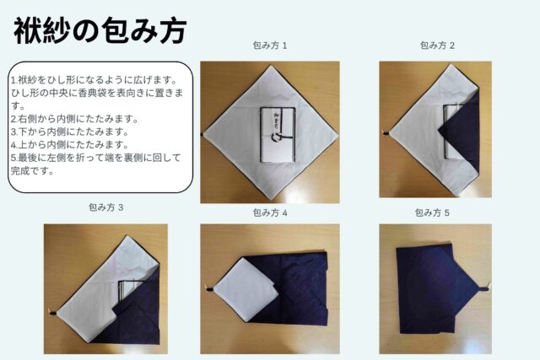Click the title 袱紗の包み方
click(100, 31)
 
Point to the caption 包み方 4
click(270, 212)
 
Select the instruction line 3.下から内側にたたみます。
click(68, 132)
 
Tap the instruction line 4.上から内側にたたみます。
click(68, 144)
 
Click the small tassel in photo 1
click(203, 135)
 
